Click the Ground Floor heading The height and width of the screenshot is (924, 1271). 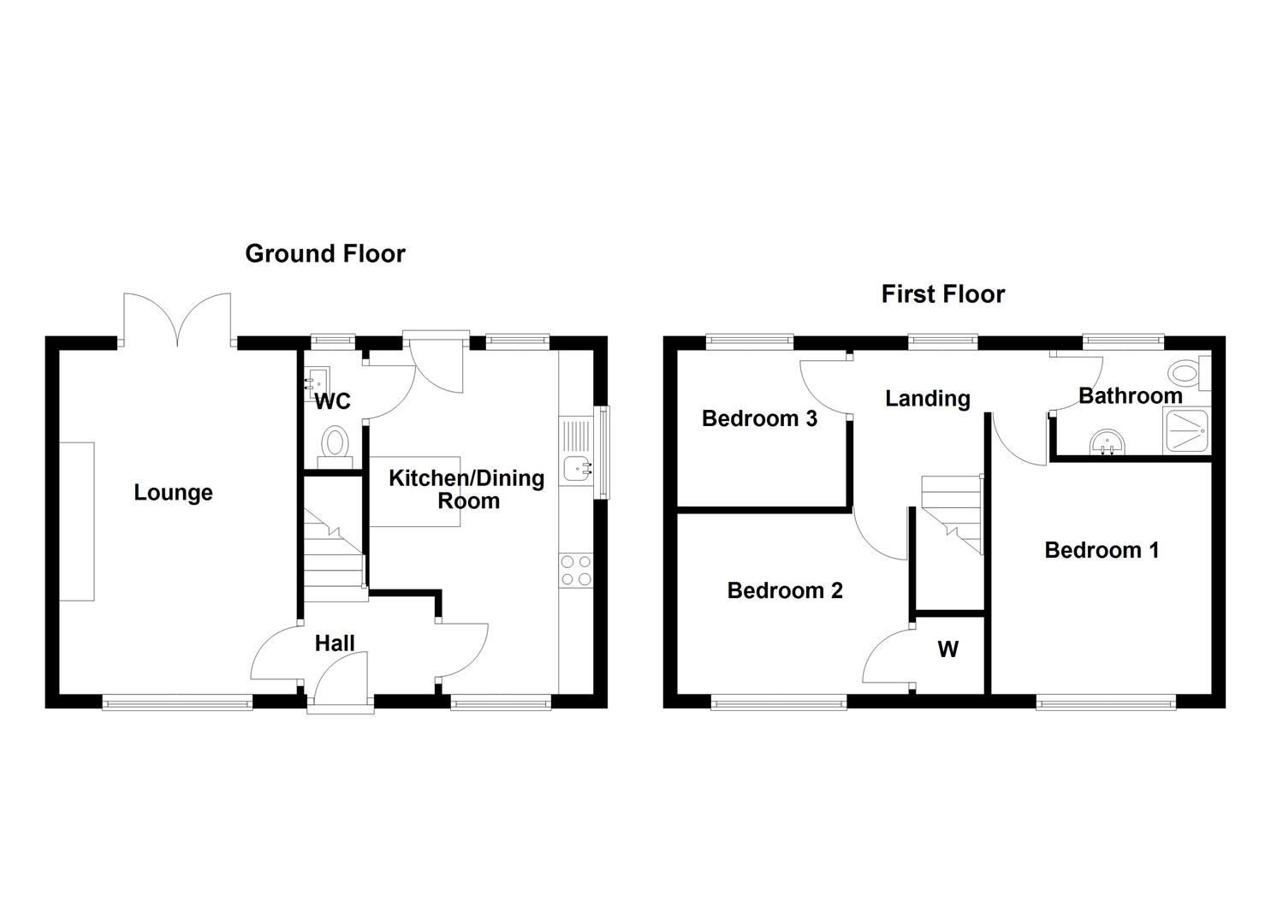[x=324, y=254]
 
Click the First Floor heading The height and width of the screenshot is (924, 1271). [x=942, y=294]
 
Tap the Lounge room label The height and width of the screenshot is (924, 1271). [x=173, y=493]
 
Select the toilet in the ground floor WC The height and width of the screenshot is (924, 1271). [x=336, y=446]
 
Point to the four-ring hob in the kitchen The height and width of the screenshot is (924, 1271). [x=575, y=571]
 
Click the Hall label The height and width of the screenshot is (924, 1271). [x=334, y=643]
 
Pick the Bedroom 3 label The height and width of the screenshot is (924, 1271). [x=759, y=418]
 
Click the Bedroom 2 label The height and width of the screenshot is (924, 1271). [x=785, y=590]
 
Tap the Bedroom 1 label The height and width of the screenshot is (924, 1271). [x=1102, y=550]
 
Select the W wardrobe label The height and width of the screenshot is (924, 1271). [x=947, y=650]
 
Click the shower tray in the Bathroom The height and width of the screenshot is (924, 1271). [x=1186, y=431]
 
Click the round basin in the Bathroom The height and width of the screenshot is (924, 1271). [x=1108, y=444]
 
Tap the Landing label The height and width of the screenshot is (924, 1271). [x=928, y=399]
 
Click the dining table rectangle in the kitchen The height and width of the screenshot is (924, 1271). [x=415, y=492]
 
